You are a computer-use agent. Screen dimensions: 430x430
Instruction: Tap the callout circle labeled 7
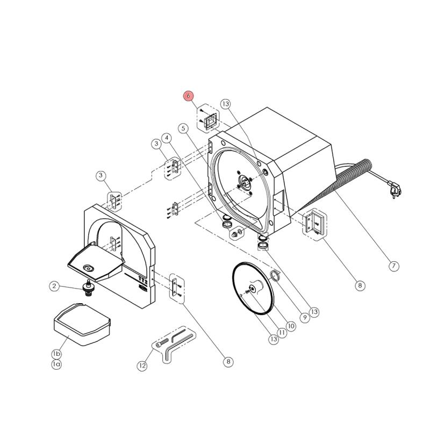[x=393, y=266]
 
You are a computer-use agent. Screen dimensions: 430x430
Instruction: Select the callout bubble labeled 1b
[x=56, y=354]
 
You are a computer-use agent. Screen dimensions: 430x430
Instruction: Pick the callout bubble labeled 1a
[x=56, y=364]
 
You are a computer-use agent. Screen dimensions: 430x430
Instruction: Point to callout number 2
[x=54, y=286]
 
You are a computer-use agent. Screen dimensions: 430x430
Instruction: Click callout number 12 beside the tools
[x=142, y=366]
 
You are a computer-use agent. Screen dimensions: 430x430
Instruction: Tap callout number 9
[x=304, y=318]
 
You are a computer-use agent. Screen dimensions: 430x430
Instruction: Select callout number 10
[x=291, y=326]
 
